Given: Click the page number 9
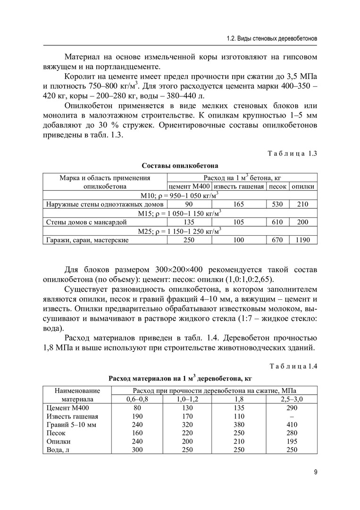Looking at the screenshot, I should click(315, 472).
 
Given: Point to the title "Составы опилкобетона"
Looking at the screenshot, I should click(180, 166).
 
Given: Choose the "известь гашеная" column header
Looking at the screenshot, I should click(239, 187).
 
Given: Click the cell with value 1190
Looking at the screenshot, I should click(303, 240).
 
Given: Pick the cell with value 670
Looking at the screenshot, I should click(277, 240).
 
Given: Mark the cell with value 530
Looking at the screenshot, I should click(277, 204).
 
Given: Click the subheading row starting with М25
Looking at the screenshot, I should click(180, 231).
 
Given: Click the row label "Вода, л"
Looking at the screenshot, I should click(59, 450).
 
